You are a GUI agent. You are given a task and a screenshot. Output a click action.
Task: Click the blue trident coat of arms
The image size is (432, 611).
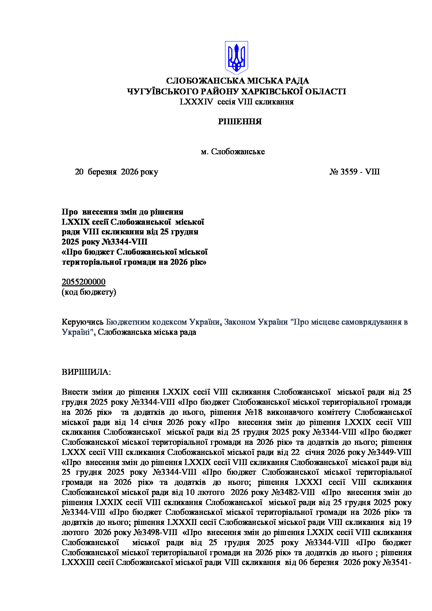pyautogui.click(x=236, y=57)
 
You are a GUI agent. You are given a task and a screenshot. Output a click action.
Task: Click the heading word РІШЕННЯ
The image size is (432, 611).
pyautogui.click(x=240, y=122)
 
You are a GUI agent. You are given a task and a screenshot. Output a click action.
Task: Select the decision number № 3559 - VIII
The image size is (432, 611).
pyautogui.click(x=354, y=172)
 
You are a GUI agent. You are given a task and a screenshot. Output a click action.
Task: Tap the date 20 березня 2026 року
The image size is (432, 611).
pyautogui.click(x=116, y=172)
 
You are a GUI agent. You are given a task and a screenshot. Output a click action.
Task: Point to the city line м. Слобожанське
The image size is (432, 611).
pyautogui.click(x=233, y=152)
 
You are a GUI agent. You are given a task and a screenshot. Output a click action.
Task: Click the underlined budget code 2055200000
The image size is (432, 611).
pyautogui.click(x=83, y=282)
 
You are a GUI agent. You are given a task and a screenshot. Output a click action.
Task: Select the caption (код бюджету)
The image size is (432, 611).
pyautogui.click(x=89, y=292)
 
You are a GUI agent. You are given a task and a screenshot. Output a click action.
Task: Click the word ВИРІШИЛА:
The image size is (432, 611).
pyautogui.click(x=86, y=372)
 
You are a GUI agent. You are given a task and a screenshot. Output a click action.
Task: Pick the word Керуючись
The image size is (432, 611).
pyautogui.click(x=83, y=322)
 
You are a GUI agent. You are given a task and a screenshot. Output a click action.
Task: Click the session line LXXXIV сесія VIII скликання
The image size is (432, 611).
pyautogui.click(x=237, y=102)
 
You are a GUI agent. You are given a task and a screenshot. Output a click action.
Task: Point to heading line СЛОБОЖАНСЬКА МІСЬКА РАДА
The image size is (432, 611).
pyautogui.click(x=238, y=81)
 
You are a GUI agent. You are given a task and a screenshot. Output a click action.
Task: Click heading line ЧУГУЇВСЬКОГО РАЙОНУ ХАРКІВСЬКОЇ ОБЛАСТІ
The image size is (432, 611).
pyautogui.click(x=236, y=92)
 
